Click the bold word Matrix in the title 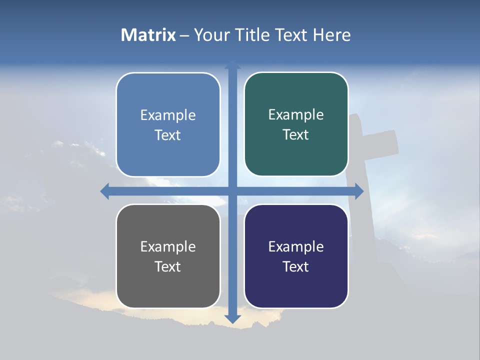(x=148, y=35)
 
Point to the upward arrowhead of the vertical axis (x=232, y=65)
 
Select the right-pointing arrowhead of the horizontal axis (x=359, y=191)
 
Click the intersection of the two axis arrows (x=232, y=191)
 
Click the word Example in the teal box (x=296, y=115)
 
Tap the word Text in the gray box (x=168, y=266)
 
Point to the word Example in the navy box (x=296, y=247)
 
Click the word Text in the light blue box (x=168, y=135)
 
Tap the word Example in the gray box (x=168, y=247)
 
